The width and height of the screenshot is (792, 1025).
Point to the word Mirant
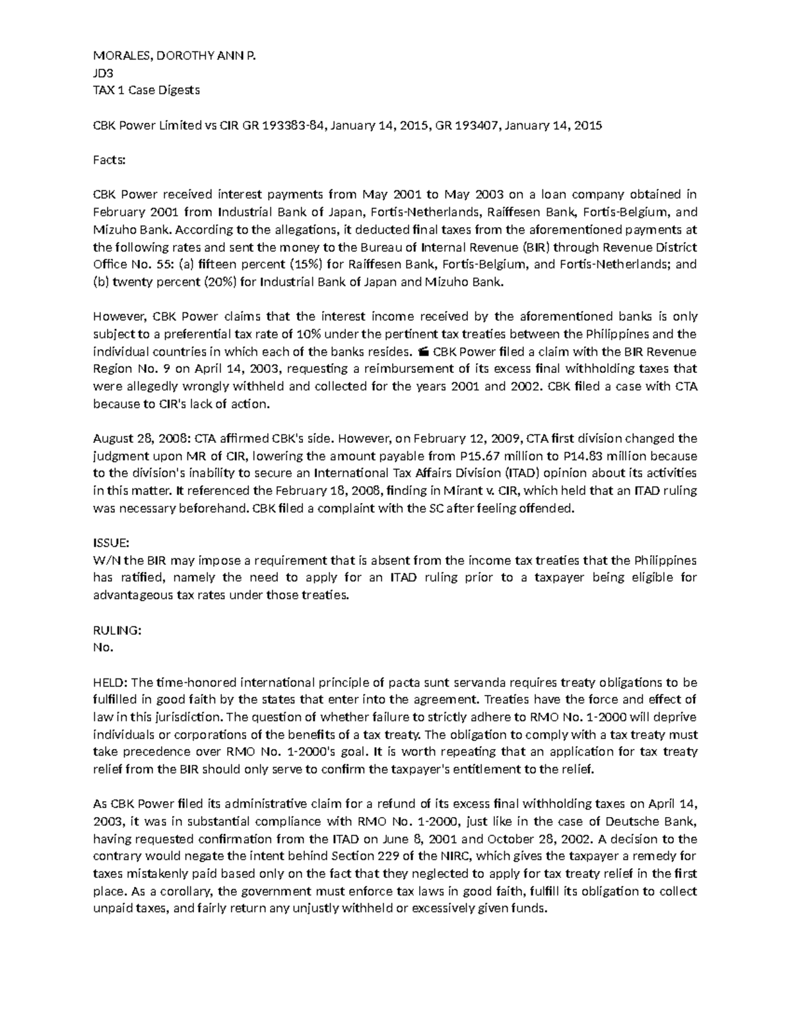coord(454,491)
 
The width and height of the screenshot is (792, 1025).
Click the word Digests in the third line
coord(177,90)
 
